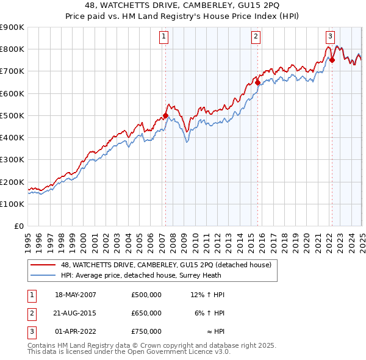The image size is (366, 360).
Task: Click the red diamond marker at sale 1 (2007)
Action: point(165,115)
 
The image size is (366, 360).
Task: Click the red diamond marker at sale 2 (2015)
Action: point(257,82)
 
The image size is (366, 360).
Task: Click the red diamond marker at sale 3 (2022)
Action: point(332,60)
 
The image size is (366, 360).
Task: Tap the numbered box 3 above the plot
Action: point(330,36)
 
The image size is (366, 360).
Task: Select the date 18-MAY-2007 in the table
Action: point(76,295)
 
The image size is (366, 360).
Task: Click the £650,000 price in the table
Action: point(146,313)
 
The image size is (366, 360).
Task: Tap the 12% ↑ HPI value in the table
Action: point(207,295)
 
